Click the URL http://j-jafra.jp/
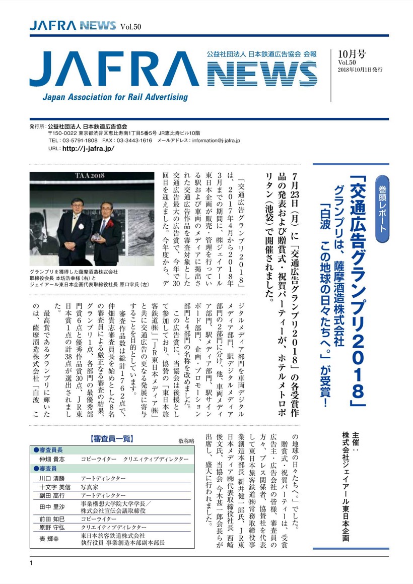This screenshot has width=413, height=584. pyautogui.click(x=88, y=149)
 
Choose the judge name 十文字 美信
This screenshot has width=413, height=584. pyautogui.click(x=52, y=487)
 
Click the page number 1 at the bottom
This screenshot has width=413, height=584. pyautogui.click(x=31, y=562)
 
